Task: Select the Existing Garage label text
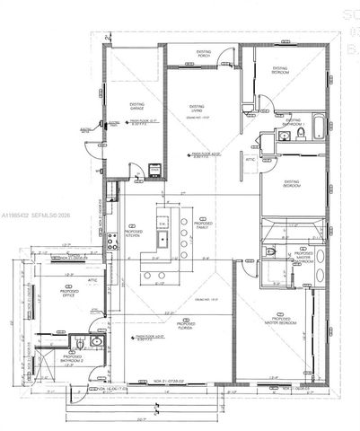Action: click(x=136, y=105)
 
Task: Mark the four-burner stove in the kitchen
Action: click(x=112, y=241)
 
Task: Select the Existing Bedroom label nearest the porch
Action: click(x=280, y=68)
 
